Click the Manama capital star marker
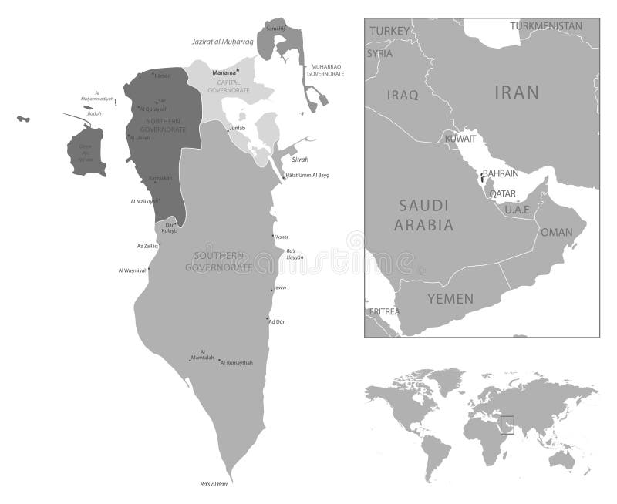click(239, 71)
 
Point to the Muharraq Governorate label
click(326, 70)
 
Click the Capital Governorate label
click(228, 86)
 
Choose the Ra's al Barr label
click(215, 484)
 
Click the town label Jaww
click(280, 287)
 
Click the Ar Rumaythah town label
click(237, 362)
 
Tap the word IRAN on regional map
click(517, 93)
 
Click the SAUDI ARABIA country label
click(424, 215)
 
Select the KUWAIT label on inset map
click(460, 138)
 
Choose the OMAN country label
click(556, 232)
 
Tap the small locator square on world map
click(507, 425)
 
